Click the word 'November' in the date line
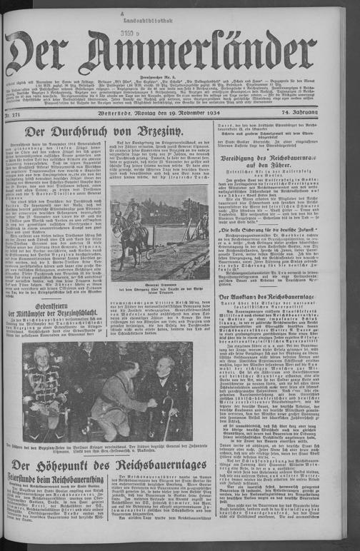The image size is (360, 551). coord(206,113)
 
